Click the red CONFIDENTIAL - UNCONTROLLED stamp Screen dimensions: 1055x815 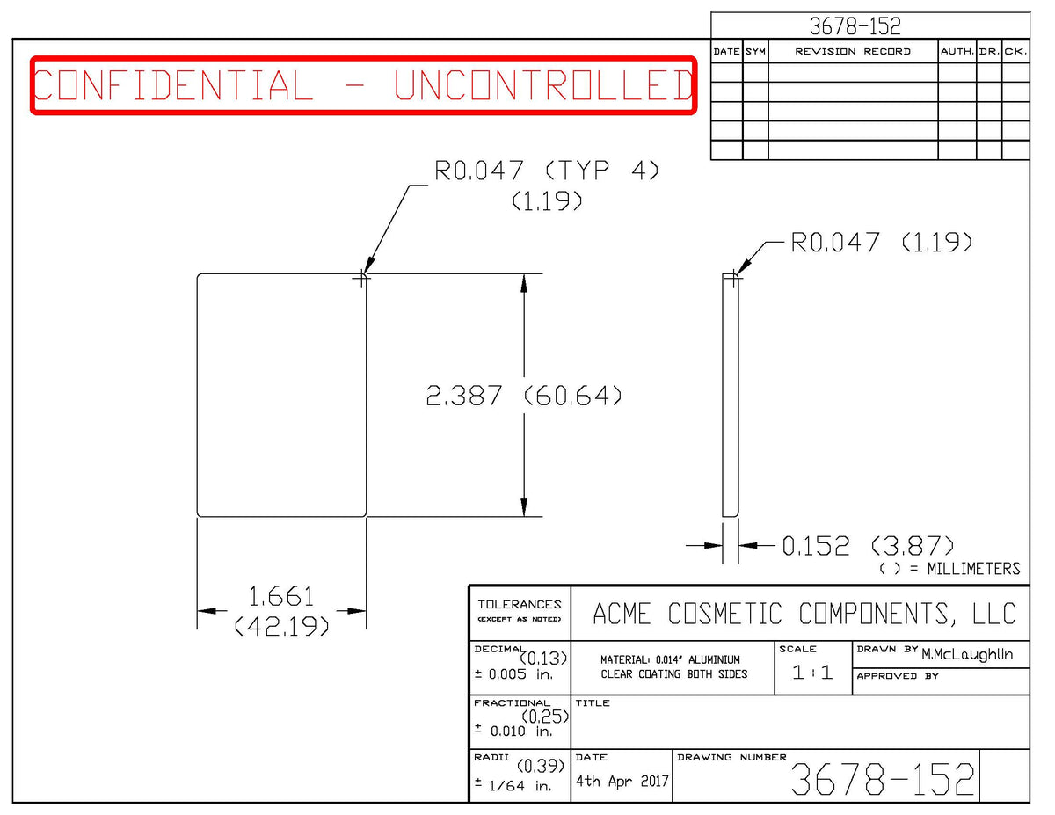(363, 85)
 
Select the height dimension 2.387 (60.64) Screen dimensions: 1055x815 (523, 396)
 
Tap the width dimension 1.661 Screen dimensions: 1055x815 (281, 596)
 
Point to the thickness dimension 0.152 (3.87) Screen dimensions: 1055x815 (868, 546)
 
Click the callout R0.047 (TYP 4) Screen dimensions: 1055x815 (547, 171)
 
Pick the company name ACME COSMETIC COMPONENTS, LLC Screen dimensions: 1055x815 (804, 614)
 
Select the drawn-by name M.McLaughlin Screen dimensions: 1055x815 (967, 654)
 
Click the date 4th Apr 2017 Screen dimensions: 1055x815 (622, 781)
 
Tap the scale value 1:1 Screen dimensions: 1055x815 (812, 673)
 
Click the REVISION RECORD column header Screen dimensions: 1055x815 (853, 52)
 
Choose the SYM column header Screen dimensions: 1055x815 (755, 52)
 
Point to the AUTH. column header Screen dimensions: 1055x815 (957, 52)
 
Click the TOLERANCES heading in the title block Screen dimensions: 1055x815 (519, 604)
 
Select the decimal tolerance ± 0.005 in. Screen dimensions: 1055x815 (513, 674)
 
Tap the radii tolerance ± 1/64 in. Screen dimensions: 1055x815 (513, 785)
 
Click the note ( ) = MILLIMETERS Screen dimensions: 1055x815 (949, 569)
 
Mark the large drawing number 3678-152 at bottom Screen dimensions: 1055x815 (883, 779)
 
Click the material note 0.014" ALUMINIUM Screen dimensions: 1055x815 (697, 659)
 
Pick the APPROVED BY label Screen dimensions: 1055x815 (898, 676)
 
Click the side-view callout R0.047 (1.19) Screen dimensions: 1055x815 (881, 243)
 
